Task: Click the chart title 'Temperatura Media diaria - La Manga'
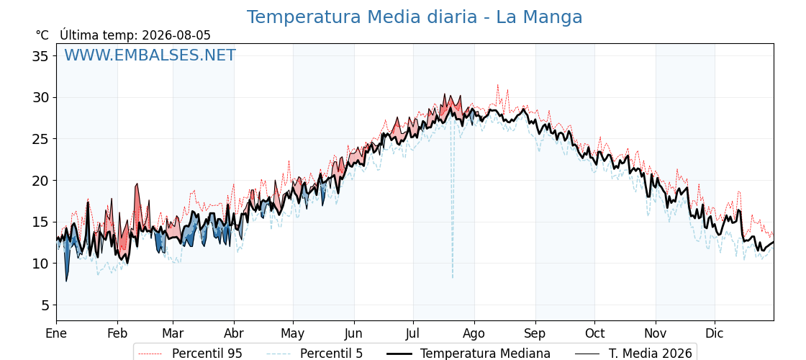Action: (415, 17)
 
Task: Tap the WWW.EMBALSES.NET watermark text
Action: (150, 55)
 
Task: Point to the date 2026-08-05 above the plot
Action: (176, 35)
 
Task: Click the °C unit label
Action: (42, 35)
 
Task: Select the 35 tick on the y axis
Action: (40, 55)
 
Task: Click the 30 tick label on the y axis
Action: (40, 97)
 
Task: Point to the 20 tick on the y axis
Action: (40, 181)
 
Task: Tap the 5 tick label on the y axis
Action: (45, 305)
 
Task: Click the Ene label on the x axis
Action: (57, 333)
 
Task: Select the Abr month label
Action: (234, 333)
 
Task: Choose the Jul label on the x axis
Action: (413, 333)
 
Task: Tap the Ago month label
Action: (474, 334)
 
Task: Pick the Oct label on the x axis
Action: (594, 333)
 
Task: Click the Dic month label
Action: (715, 333)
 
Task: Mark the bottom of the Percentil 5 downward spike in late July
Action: (453, 278)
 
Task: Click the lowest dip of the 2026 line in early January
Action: (66, 281)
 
